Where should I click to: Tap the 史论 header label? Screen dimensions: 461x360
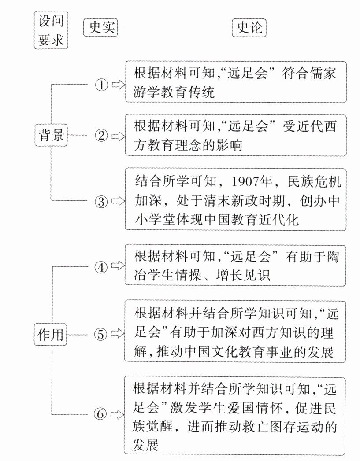[249, 28]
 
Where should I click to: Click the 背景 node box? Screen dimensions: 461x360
[51, 136]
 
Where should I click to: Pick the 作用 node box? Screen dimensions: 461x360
[51, 335]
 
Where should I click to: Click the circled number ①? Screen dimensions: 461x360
[101, 85]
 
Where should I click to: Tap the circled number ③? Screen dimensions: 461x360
[101, 202]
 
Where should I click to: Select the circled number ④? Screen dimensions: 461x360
[101, 267]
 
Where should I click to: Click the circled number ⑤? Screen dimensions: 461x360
[101, 335]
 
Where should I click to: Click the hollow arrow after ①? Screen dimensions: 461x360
[118, 85]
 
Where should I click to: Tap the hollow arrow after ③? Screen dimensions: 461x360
[118, 202]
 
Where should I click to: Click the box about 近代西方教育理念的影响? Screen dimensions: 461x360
[235, 135]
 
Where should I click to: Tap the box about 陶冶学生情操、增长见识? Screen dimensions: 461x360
[235, 266]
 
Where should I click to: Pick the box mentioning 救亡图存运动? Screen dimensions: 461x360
[235, 415]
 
